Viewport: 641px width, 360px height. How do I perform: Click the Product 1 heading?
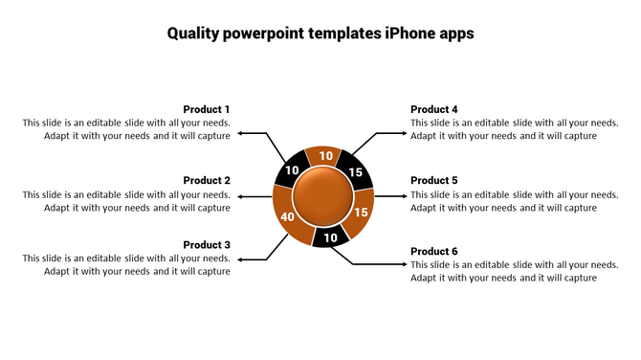207,109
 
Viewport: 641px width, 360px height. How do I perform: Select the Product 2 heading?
207,180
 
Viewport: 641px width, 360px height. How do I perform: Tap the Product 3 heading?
207,244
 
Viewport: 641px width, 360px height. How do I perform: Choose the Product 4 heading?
434,109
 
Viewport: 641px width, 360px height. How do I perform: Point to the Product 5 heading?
434,180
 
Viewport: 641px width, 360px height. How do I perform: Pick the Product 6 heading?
434,251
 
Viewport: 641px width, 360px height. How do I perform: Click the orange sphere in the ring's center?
322,196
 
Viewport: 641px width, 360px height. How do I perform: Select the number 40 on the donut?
287,217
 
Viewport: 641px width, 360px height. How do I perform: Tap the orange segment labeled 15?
361,214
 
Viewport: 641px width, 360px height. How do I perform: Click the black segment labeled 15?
355,172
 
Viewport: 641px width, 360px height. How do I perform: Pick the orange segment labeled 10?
325,156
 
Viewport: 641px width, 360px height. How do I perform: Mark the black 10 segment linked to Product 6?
330,237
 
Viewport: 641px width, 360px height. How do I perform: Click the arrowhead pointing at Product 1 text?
241,133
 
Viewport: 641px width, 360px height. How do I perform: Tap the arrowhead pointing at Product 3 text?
241,259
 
